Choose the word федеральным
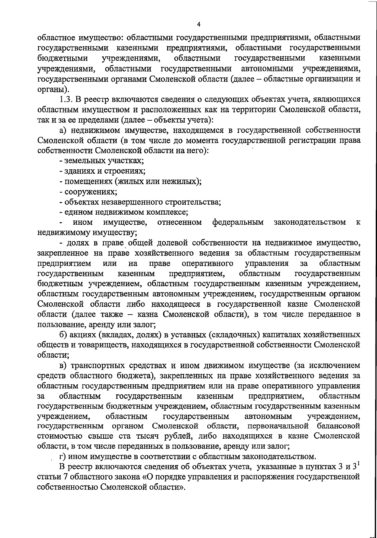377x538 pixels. point(238,222)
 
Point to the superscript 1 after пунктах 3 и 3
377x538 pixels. point(358,463)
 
